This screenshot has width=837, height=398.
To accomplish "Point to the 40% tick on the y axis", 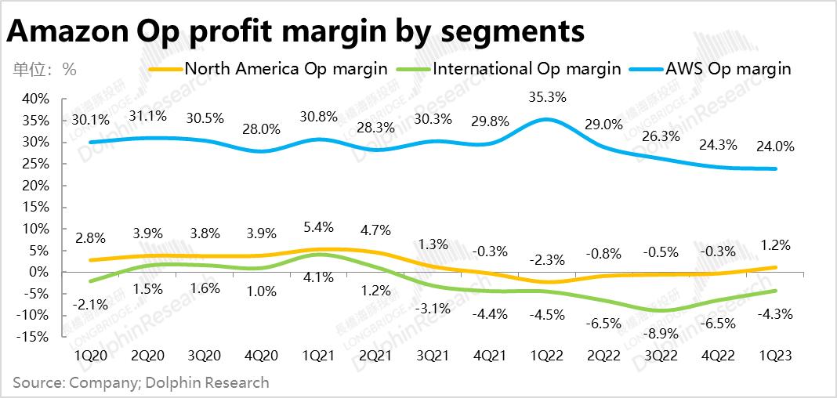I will (35, 99).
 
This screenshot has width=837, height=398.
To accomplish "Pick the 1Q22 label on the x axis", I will (546, 356).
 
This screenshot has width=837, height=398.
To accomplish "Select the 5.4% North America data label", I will (318, 227).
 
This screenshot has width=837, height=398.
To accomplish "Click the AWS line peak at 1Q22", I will (546, 119).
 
